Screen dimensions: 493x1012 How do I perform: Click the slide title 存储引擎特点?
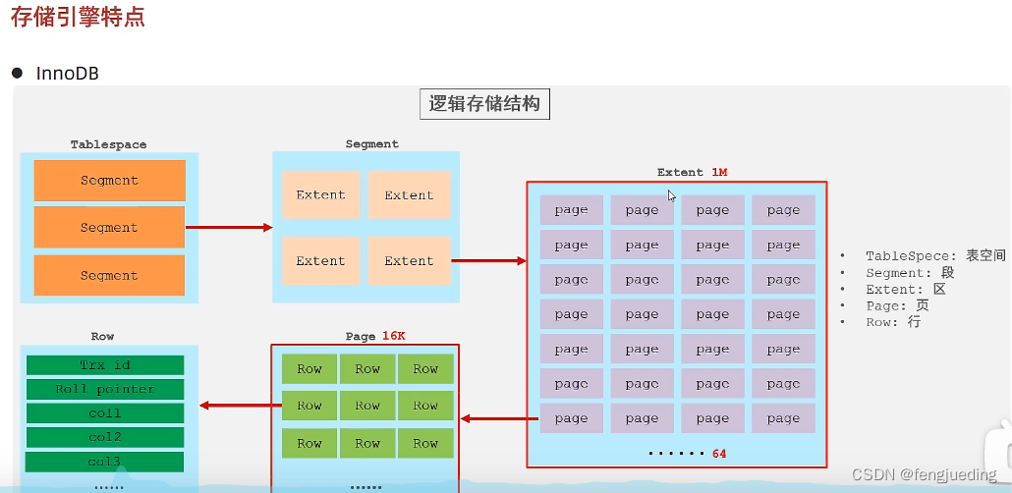(78, 18)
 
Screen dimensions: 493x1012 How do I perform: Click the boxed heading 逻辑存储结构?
(484, 104)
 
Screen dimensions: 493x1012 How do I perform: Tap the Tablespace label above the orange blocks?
(108, 144)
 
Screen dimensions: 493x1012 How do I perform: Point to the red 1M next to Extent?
(718, 173)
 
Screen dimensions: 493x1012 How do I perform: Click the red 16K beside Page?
(392, 336)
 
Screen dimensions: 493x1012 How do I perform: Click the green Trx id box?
(105, 365)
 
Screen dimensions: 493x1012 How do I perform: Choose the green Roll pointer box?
(105, 389)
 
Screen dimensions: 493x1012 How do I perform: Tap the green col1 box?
(105, 413)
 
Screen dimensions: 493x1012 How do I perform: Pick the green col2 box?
(105, 437)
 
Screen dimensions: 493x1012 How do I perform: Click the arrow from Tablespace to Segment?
(229, 228)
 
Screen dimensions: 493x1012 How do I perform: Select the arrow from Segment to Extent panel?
(488, 261)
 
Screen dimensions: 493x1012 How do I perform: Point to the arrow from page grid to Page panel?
(499, 419)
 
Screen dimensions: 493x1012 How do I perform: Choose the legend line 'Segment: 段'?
(909, 272)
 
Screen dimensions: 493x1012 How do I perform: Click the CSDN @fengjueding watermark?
(924, 474)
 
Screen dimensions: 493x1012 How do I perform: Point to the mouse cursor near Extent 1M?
(672, 194)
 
